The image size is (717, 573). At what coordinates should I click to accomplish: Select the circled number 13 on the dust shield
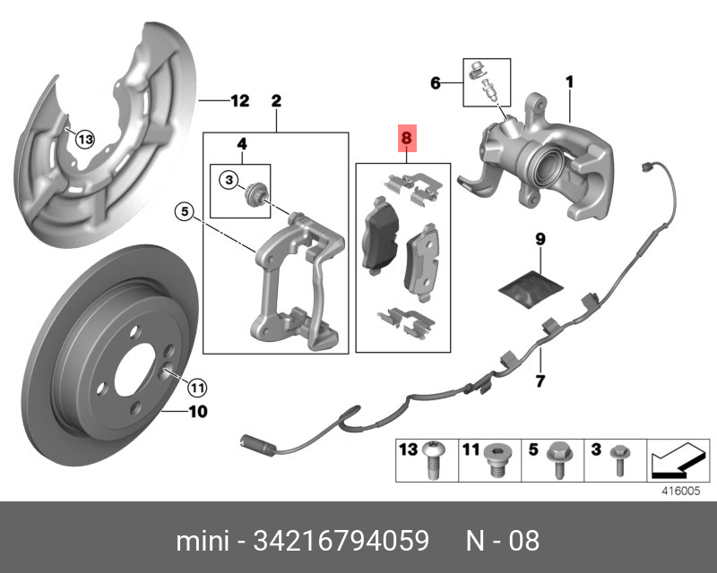(83, 139)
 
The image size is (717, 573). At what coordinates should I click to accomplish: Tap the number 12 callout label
(238, 100)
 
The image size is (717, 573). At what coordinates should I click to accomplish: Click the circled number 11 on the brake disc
(197, 388)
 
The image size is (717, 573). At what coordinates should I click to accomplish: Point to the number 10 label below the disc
(197, 413)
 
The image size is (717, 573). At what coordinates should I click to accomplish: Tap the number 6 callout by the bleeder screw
(436, 83)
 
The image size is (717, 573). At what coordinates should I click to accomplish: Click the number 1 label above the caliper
(568, 82)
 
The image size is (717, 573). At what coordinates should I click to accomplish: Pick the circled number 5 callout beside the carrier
(183, 212)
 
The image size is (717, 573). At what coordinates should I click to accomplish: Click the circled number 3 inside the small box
(229, 181)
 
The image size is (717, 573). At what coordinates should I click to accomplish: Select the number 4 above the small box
(241, 143)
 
